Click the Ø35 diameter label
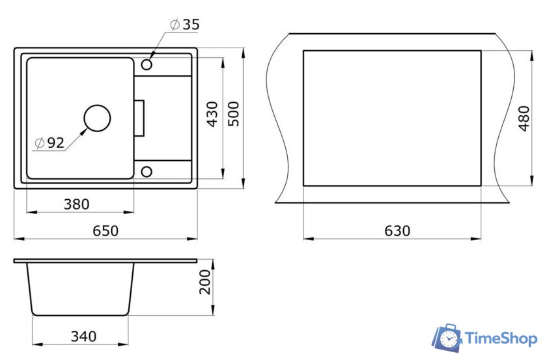185,25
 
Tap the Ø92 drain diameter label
49,143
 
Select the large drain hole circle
97,118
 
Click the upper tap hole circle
147,64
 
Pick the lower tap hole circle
147,172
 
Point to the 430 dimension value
212,114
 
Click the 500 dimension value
233,114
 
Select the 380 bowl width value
76,204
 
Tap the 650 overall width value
105,230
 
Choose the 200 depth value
205,282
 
